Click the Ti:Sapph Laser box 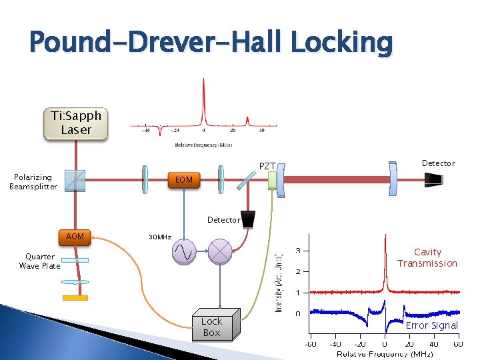76,123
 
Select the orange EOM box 183,180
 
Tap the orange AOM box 75,237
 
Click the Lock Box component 213,326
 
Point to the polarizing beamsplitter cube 75,179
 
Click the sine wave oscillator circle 184,251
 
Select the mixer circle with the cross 220,251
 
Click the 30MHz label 160,237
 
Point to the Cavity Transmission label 427,257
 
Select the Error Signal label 432,325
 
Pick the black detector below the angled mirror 249,219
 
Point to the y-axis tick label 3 297,251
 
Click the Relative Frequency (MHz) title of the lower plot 383,353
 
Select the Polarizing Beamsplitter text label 33,181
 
